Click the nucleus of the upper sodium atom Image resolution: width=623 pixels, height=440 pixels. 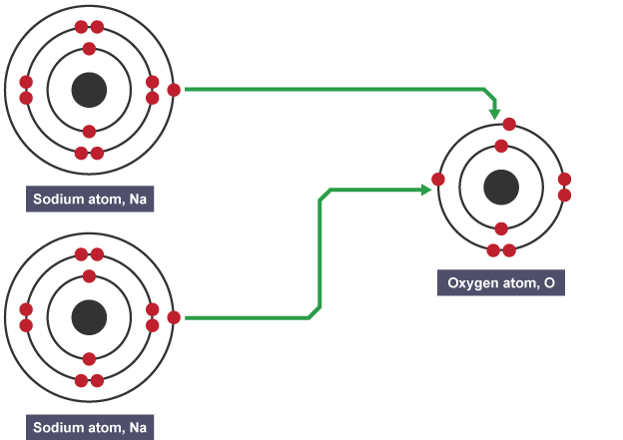click(89, 91)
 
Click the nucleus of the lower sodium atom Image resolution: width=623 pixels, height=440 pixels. click(89, 318)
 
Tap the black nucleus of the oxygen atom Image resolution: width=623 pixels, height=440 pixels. click(501, 187)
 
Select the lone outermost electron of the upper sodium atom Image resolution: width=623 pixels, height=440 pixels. click(174, 90)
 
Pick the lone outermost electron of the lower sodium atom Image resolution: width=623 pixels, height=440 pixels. click(174, 317)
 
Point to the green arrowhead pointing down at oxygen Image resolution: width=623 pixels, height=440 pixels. click(496, 112)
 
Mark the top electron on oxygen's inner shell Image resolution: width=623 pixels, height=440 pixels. click(501, 147)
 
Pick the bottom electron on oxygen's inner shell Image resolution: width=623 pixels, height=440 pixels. click(501, 228)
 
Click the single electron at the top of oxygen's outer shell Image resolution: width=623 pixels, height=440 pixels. click(509, 125)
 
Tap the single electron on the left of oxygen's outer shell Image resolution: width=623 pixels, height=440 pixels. click(438, 180)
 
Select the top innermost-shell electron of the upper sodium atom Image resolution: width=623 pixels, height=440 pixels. click(89, 49)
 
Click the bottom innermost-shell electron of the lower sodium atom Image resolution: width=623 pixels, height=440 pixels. click(89, 359)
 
